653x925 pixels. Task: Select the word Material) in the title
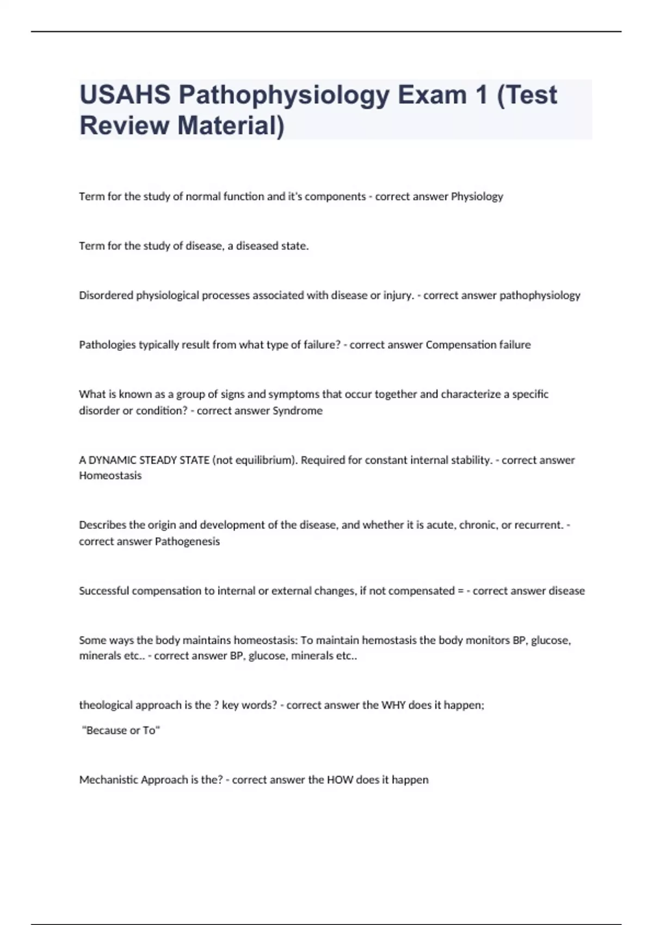click(x=231, y=125)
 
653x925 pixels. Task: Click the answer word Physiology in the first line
click(x=477, y=196)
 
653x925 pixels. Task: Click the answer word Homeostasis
click(x=110, y=476)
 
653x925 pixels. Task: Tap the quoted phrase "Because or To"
click(x=121, y=731)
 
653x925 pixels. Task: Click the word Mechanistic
click(x=108, y=780)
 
